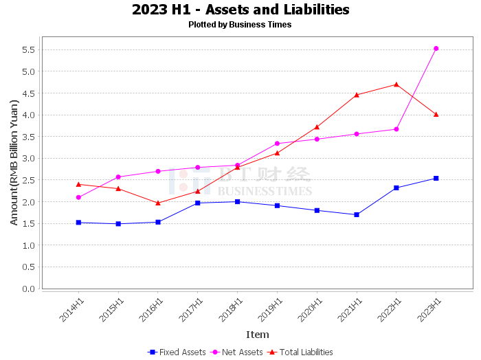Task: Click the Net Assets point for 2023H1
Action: click(x=436, y=49)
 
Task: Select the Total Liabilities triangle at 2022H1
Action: click(x=396, y=85)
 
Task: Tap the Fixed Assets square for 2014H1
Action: click(x=78, y=223)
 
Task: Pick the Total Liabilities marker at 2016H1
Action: click(x=158, y=203)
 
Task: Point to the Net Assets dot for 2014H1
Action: click(x=78, y=197)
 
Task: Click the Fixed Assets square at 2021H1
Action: click(x=357, y=214)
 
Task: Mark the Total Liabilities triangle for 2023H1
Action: click(x=436, y=114)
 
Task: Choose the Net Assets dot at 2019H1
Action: click(x=278, y=144)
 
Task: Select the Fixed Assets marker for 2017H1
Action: click(x=198, y=203)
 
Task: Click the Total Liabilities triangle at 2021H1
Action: click(x=357, y=95)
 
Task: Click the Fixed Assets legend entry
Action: click(x=177, y=352)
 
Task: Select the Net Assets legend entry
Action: click(x=236, y=352)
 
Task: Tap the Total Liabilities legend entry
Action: click(x=300, y=352)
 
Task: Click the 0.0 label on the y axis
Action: click(x=29, y=289)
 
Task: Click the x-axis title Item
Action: click(x=258, y=335)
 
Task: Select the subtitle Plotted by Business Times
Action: click(x=240, y=25)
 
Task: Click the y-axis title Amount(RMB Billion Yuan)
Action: click(x=14, y=163)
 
